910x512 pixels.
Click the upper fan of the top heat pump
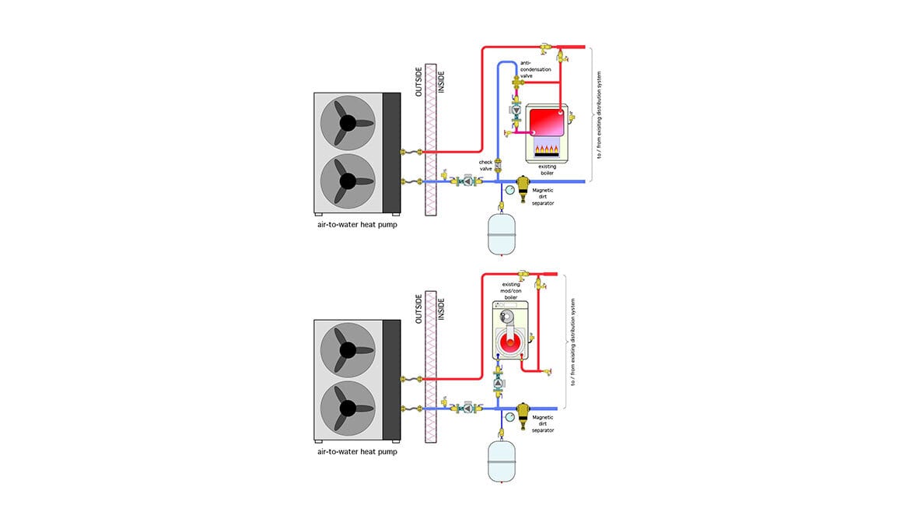pos(347,123)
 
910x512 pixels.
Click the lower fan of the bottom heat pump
pos(347,408)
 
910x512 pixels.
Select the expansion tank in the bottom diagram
pos(502,461)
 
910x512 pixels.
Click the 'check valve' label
pos(485,166)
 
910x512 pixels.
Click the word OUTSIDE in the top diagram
pos(418,79)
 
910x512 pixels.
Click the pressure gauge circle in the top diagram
pos(509,189)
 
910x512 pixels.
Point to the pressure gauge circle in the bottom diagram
pos(509,417)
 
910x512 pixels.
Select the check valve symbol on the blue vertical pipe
pos(498,164)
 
